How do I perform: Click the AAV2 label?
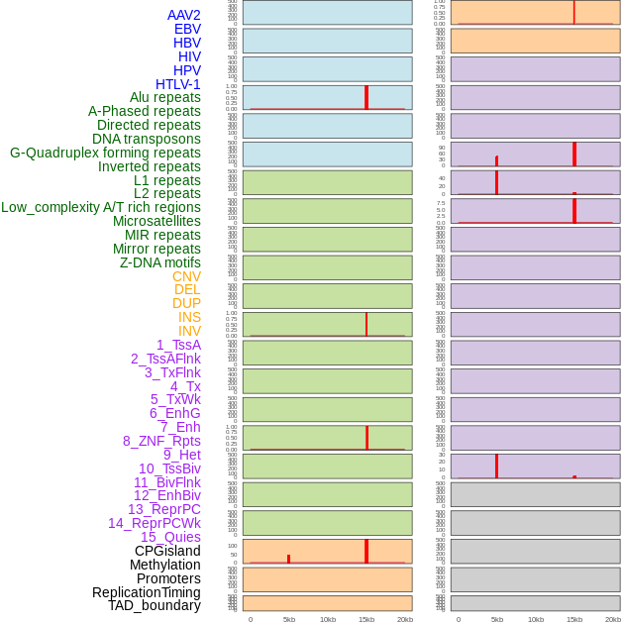184,15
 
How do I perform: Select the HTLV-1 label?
178,84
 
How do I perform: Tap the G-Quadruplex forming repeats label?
105,153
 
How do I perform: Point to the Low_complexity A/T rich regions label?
101,207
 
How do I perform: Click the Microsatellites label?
156,221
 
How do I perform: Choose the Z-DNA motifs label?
160,262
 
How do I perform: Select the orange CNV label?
186,276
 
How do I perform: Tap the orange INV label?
189,331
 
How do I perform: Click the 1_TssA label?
178,345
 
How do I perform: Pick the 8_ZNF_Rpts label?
161,441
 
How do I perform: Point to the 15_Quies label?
170,537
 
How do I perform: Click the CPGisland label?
167,551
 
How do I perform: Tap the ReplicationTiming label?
147,592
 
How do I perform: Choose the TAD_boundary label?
155,605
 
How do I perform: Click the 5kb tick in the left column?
289,619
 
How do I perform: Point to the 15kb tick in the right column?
574,619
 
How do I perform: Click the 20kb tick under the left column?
405,619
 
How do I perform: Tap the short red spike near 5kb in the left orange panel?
289,559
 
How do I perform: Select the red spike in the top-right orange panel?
574,12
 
